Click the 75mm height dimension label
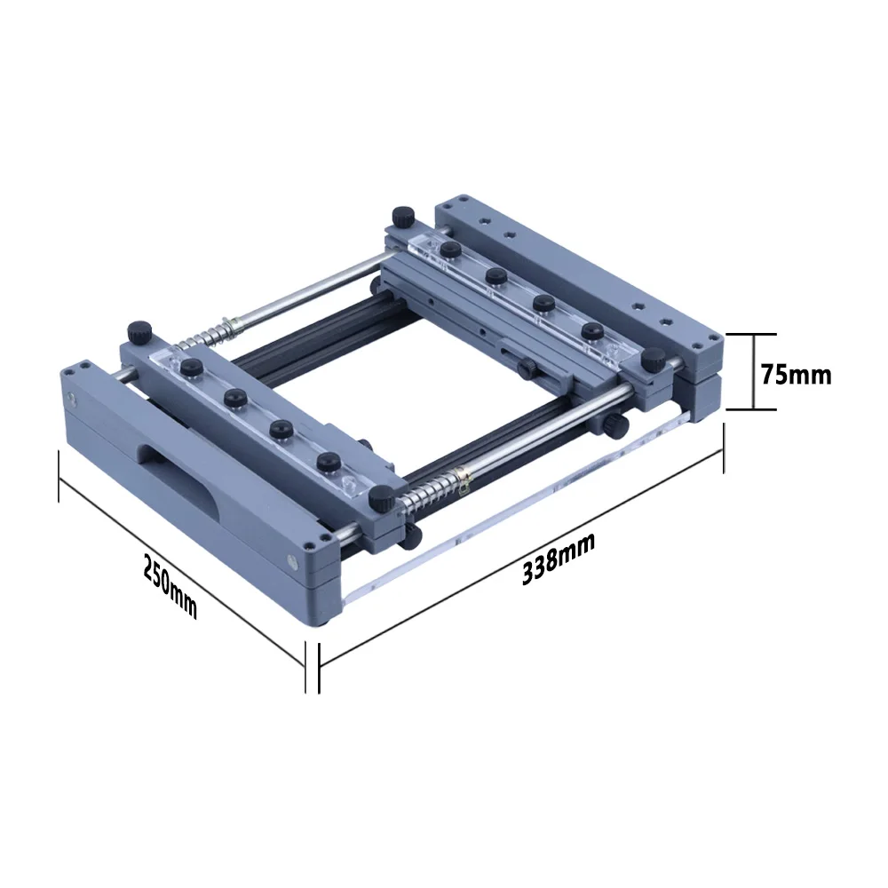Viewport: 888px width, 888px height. (796, 375)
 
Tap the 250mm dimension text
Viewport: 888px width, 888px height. (170, 587)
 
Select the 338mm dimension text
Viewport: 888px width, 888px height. (559, 559)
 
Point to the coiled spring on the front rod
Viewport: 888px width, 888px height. (436, 486)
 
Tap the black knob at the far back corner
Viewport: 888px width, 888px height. (403, 217)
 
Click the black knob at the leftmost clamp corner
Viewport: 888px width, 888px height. (139, 332)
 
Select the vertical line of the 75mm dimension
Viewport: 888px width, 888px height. (754, 371)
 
